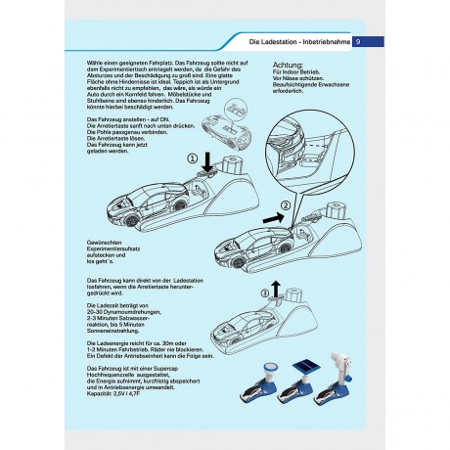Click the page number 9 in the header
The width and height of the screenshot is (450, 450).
(x=357, y=41)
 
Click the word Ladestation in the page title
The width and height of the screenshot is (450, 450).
(x=275, y=41)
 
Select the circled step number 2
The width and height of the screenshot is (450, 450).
(x=285, y=206)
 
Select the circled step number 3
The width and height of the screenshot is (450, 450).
(x=263, y=292)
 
